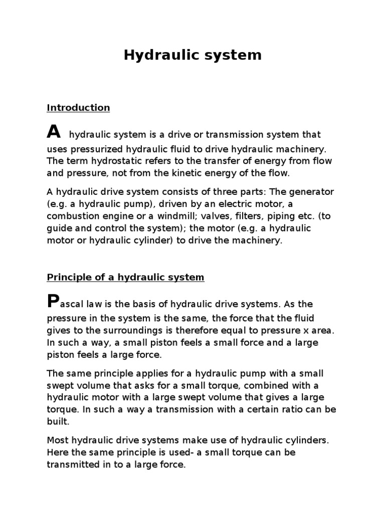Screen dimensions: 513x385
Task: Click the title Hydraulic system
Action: point(192,55)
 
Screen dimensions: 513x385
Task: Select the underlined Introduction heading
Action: point(78,108)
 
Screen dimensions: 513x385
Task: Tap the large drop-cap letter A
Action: point(54,132)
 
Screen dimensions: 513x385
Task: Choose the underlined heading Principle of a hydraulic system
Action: point(125,278)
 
